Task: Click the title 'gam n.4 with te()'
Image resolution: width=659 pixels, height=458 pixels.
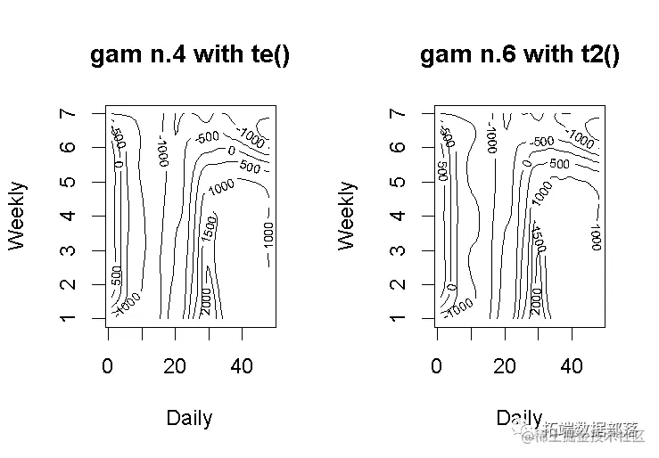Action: click(190, 55)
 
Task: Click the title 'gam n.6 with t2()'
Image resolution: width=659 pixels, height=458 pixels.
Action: click(520, 55)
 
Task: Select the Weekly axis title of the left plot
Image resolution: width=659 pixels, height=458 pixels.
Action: click(17, 216)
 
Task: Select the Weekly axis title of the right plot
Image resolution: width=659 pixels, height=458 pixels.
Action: click(347, 216)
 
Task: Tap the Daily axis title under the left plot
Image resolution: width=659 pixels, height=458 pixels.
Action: click(190, 418)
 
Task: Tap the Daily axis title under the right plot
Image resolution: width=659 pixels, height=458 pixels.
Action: click(520, 418)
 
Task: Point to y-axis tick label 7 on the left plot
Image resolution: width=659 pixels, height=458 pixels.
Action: click(70, 114)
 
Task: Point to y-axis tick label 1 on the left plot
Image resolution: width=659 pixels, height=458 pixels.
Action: click(70, 318)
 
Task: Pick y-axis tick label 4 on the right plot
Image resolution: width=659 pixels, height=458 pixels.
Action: click(400, 216)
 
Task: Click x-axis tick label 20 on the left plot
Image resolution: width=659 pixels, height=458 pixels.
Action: click(176, 366)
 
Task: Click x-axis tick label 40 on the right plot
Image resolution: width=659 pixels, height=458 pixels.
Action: click(572, 366)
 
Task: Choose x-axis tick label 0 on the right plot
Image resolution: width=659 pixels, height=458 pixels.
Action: click(437, 366)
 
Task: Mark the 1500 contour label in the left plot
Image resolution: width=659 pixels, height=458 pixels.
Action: click(209, 229)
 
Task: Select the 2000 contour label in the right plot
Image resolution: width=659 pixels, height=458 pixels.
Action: click(535, 300)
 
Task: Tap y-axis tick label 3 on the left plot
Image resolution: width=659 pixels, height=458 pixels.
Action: click(70, 250)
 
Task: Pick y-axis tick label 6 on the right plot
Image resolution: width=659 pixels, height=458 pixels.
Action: click(400, 148)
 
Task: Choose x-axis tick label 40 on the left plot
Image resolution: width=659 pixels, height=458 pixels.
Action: click(243, 366)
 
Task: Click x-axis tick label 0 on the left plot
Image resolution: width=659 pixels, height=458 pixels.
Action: click(108, 366)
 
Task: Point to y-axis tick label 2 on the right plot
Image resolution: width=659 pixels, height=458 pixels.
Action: click(400, 284)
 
